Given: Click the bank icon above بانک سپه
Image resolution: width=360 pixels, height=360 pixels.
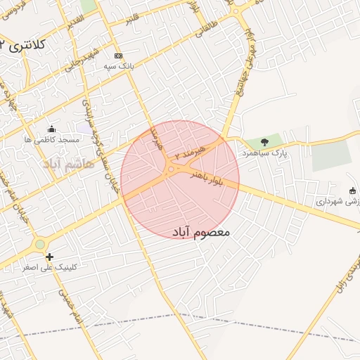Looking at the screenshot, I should (118, 56).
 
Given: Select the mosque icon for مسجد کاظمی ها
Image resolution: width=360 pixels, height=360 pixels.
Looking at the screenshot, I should (51, 129).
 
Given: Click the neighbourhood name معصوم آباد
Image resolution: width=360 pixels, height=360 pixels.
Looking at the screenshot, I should (200, 231).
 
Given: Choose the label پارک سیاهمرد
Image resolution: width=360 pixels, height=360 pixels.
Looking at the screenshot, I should (264, 152).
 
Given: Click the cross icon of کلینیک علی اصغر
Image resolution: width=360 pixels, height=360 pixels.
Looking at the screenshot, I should (49, 257).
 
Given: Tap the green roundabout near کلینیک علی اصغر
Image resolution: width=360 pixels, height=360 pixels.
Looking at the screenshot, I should (40, 244).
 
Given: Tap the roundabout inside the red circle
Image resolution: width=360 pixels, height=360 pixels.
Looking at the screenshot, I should (171, 169).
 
